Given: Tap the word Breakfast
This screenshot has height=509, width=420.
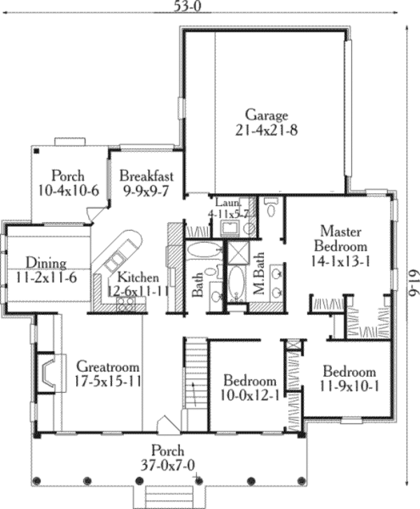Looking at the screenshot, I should tap(146, 175).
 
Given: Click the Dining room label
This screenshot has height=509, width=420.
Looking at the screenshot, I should tap(46, 263).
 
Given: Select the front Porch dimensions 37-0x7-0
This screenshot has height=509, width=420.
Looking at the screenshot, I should tap(166, 463).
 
